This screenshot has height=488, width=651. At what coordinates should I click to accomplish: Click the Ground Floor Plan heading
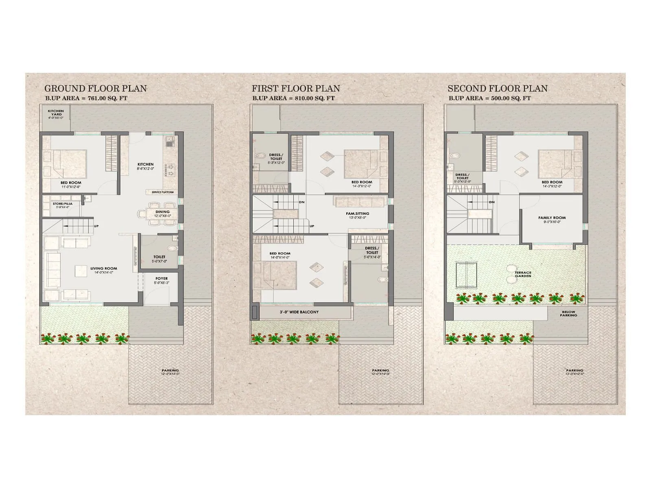click(95, 88)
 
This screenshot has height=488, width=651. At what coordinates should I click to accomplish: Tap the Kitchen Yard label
click(56, 113)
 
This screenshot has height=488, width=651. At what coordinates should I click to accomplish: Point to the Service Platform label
click(163, 192)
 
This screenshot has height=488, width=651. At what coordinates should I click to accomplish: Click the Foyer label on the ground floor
click(162, 279)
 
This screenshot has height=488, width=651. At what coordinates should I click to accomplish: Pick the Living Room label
click(103, 268)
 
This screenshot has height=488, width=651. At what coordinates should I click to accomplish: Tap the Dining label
click(162, 212)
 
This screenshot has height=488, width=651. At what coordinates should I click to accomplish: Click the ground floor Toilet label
click(159, 257)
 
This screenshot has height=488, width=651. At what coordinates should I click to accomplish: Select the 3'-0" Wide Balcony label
click(299, 312)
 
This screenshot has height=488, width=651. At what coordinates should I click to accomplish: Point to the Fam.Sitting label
click(358, 213)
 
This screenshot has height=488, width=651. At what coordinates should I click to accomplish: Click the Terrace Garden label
click(523, 274)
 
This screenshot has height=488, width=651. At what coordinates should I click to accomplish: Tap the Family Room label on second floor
click(552, 218)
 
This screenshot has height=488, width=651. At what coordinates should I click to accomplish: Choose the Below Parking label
click(568, 314)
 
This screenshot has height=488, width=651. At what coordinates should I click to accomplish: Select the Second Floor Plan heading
click(497, 88)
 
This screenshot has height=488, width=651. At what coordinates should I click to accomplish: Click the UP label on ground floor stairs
click(96, 226)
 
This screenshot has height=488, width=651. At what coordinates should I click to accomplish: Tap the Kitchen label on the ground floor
click(145, 165)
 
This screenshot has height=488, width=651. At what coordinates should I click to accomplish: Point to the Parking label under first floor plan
click(380, 370)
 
